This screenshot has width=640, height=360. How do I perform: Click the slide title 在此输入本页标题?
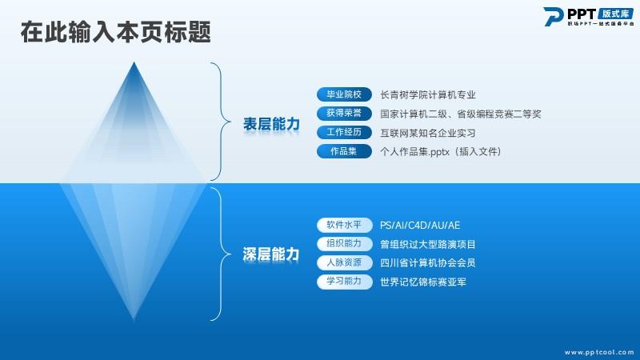pyautogui.click(x=116, y=32)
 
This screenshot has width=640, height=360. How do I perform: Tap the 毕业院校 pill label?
pyautogui.click(x=344, y=94)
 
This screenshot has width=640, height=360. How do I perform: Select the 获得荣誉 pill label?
pyautogui.click(x=344, y=113)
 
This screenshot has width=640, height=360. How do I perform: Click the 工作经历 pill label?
pyautogui.click(x=344, y=132)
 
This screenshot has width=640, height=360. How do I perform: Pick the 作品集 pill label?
pyautogui.click(x=344, y=151)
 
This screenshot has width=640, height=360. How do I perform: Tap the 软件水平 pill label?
pyautogui.click(x=344, y=225)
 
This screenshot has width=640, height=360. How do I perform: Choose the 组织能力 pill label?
pyautogui.click(x=344, y=244)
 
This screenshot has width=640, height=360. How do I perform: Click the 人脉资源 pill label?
pyautogui.click(x=344, y=262)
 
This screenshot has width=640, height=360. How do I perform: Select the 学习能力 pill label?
pyautogui.click(x=344, y=282)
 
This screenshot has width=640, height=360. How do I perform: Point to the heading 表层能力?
pyautogui.click(x=271, y=124)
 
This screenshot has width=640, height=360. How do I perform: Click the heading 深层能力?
pyautogui.click(x=271, y=254)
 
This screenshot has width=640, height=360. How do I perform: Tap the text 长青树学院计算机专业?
pyautogui.click(x=428, y=94)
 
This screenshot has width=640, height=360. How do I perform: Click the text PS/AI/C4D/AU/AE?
pyautogui.click(x=420, y=226)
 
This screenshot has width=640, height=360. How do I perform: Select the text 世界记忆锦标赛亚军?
pyautogui.click(x=423, y=282)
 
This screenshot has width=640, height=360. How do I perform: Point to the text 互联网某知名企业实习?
pyautogui.click(x=428, y=133)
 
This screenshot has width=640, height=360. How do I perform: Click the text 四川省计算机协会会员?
pyautogui.click(x=428, y=263)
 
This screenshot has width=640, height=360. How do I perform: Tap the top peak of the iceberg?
pyautogui.click(x=134, y=62)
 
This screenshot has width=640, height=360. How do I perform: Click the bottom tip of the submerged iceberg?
pyautogui.click(x=134, y=318)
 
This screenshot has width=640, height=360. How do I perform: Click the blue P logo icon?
pyautogui.click(x=553, y=17)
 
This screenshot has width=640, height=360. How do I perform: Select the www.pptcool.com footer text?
pyautogui.click(x=599, y=352)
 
